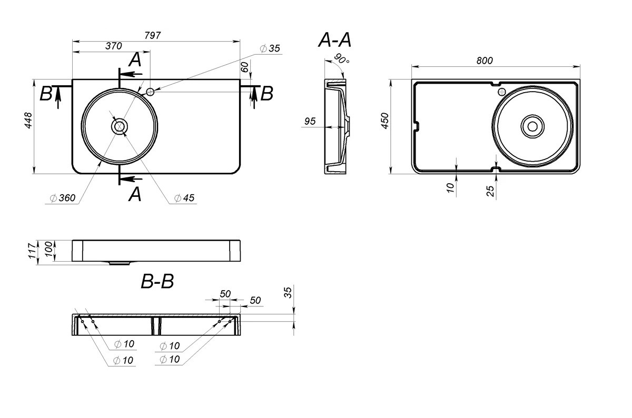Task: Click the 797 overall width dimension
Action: [153, 36]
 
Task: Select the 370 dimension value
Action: [114, 46]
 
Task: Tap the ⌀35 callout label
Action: [270, 48]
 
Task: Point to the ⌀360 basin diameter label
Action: [63, 198]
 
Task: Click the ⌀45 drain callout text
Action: [184, 198]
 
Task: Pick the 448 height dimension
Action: [29, 121]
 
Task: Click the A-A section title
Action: [335, 40]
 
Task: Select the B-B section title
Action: [157, 281]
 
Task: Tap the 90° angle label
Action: [342, 58]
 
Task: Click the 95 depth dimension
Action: [310, 121]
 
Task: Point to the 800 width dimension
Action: [485, 61]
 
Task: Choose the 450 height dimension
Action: [385, 121]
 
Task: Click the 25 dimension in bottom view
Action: [490, 191]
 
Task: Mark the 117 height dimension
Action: [33, 251]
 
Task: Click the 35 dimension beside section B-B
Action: [288, 293]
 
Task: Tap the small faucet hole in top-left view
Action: [150, 92]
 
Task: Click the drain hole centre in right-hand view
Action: [532, 127]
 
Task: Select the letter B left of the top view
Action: [46, 94]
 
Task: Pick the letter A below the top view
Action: [135, 194]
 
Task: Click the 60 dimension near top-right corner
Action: [245, 67]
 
